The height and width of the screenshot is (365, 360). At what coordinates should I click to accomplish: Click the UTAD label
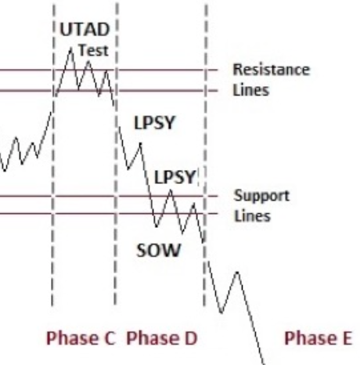(x=85, y=29)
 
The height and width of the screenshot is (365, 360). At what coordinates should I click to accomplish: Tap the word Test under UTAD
(x=93, y=50)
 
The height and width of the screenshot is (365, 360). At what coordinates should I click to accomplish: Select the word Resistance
(x=272, y=70)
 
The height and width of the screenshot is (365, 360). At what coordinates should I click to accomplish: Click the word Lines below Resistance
(x=250, y=90)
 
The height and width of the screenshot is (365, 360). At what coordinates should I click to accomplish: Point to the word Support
(x=261, y=196)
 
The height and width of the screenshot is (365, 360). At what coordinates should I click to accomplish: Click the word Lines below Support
(x=252, y=216)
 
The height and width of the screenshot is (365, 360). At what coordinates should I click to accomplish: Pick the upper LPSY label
(x=154, y=123)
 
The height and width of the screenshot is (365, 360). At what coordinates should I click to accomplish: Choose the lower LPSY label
(x=175, y=177)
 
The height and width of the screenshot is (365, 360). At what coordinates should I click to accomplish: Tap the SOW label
(x=159, y=251)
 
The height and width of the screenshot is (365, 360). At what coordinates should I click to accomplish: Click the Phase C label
(x=81, y=338)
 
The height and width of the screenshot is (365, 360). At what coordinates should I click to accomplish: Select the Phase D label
(x=162, y=338)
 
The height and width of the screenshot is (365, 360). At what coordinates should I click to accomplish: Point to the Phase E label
(x=319, y=338)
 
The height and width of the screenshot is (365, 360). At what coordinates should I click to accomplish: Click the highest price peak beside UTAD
(x=70, y=49)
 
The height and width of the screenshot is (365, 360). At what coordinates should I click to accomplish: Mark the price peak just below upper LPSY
(x=141, y=143)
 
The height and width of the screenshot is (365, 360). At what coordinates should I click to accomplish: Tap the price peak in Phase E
(x=237, y=273)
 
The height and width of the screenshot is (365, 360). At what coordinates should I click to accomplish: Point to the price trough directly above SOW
(x=157, y=226)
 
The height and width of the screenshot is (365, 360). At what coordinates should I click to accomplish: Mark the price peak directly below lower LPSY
(x=171, y=190)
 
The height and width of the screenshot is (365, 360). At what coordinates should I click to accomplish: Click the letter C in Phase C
(x=110, y=338)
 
